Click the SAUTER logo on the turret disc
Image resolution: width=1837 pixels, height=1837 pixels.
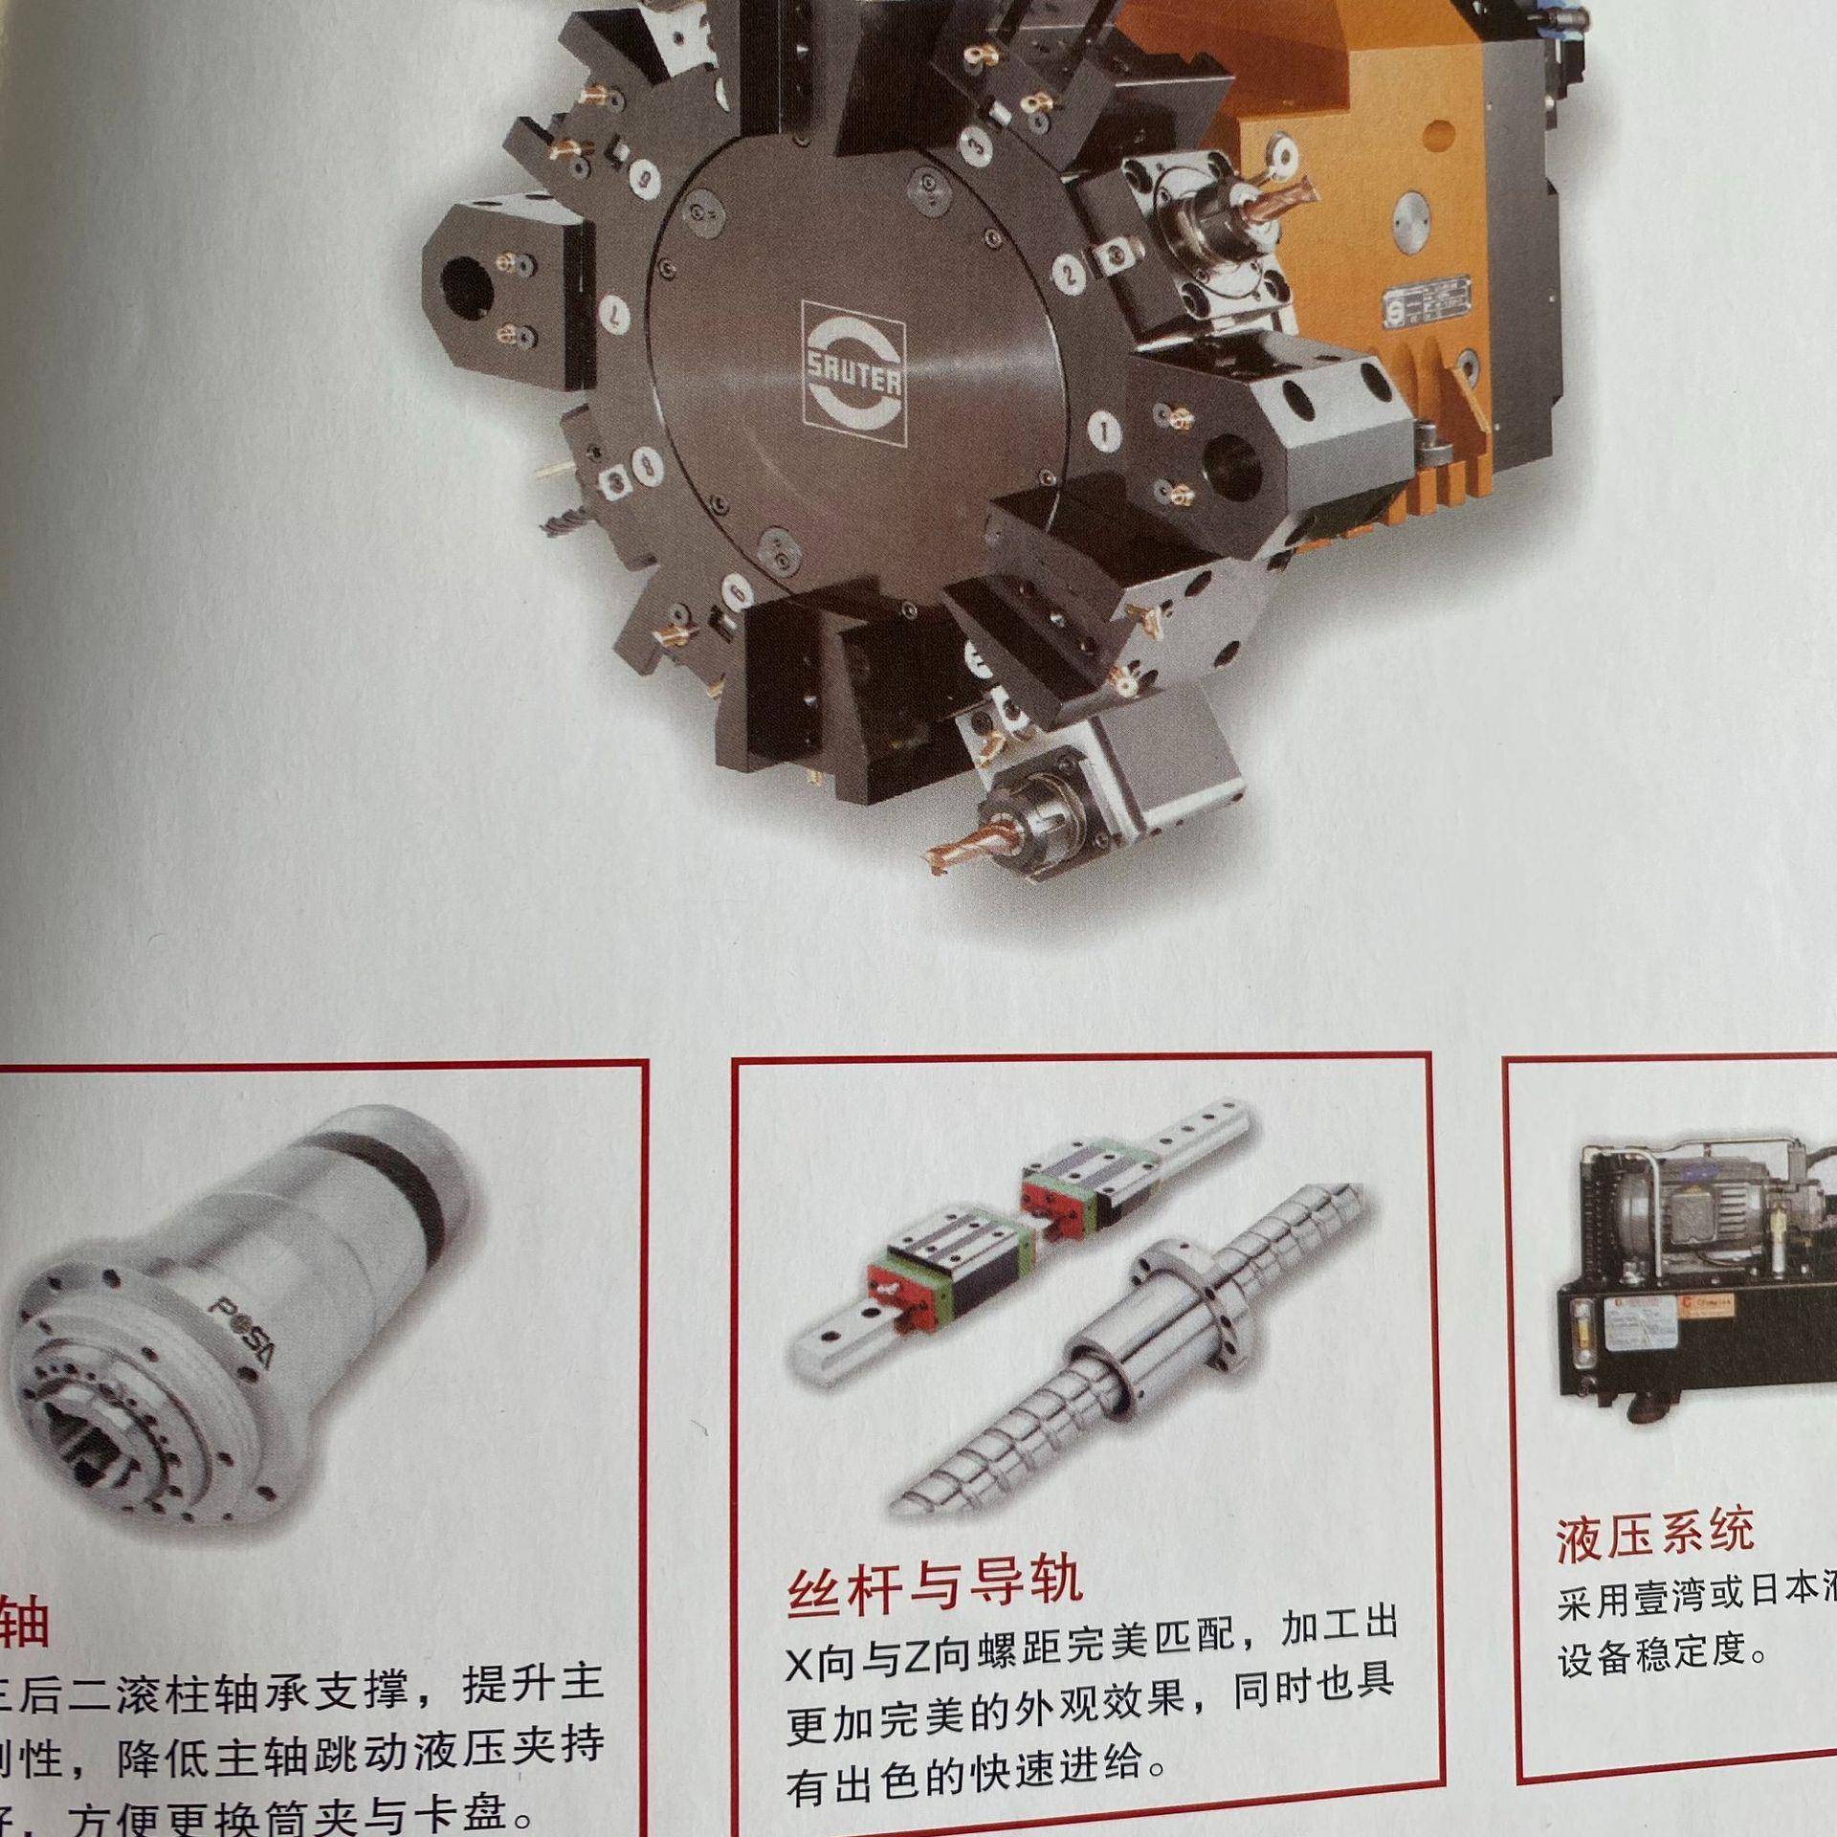[x=853, y=374]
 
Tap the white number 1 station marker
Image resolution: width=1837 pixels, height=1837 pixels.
[x=1107, y=432]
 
